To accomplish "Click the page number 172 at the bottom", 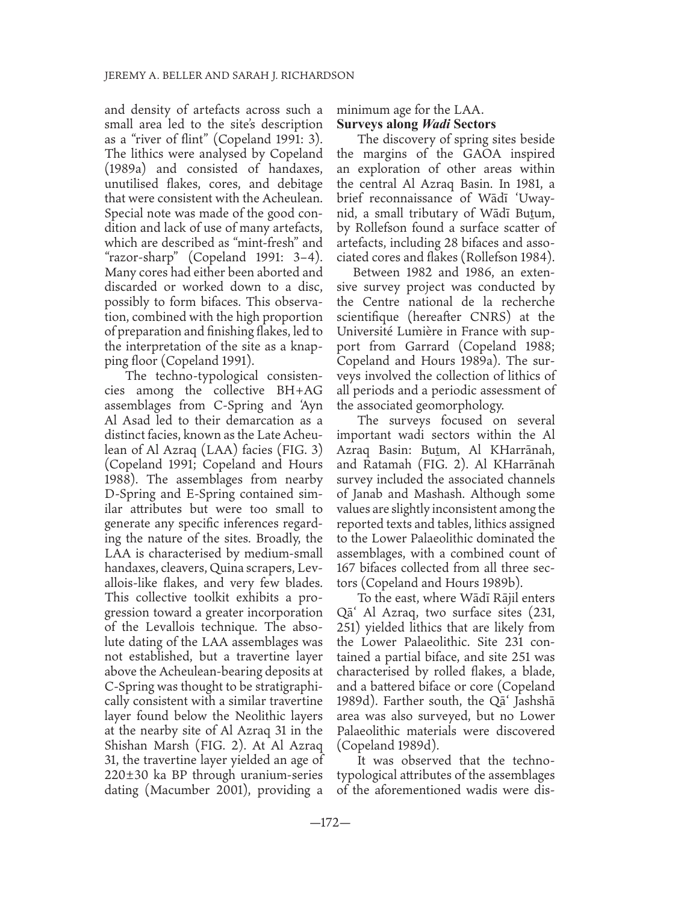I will [338, 839].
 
